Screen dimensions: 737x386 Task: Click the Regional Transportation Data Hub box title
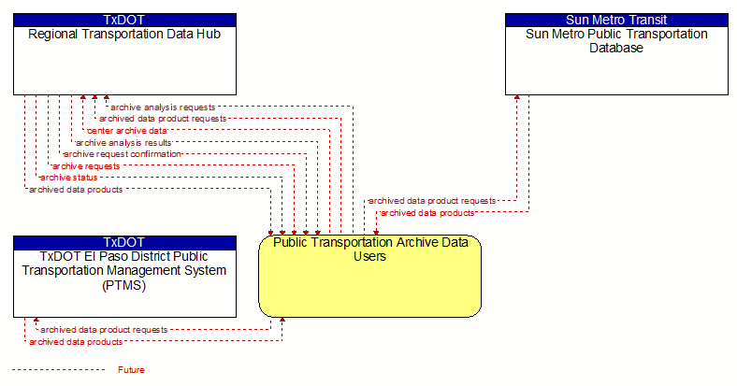click(124, 35)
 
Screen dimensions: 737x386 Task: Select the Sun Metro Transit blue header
click(616, 20)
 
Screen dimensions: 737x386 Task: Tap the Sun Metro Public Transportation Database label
click(616, 41)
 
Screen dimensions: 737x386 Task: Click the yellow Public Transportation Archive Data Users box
click(370, 276)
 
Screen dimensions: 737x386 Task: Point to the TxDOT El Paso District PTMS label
click(124, 270)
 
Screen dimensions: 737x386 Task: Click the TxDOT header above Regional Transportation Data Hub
click(124, 20)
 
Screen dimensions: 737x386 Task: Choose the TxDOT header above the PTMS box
click(124, 242)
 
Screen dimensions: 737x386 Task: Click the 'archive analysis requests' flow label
click(163, 107)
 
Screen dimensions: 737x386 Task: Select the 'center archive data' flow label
click(127, 131)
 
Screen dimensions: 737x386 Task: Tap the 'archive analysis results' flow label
click(123, 142)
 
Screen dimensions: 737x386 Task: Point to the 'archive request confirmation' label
click(123, 154)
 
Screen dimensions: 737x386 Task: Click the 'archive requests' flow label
click(86, 165)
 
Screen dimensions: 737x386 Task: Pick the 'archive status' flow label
click(68, 178)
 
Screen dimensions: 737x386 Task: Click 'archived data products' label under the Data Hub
click(76, 189)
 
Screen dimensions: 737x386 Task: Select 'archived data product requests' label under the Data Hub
click(163, 119)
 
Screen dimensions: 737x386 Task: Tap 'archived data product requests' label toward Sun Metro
click(432, 201)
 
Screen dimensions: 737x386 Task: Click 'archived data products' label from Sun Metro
click(427, 213)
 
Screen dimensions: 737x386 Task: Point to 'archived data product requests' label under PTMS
click(104, 330)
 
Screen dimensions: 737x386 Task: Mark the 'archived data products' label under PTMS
click(76, 342)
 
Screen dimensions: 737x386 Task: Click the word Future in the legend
click(131, 370)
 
